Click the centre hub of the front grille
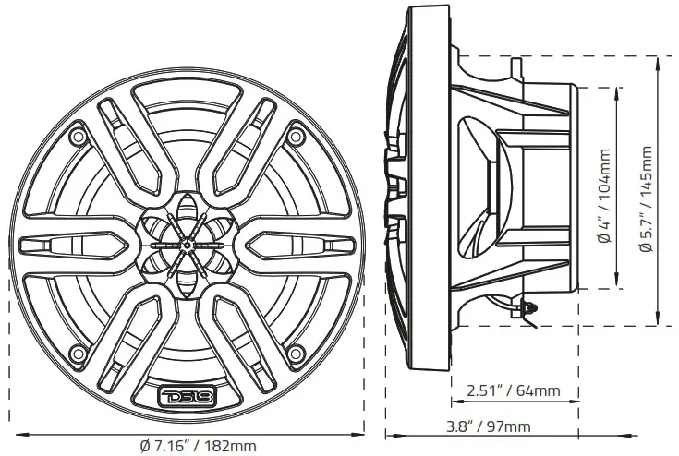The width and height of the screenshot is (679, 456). [187, 245]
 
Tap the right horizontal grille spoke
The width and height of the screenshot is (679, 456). [297, 245]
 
